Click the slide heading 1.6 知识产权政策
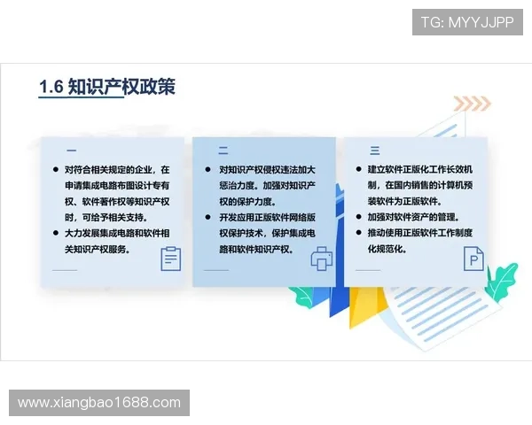tap(107, 86)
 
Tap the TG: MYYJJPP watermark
tap(467, 22)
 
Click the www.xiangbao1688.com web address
tap(98, 403)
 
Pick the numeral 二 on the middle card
tap(223, 150)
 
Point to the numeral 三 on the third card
tap(374, 150)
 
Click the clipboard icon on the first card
tap(170, 259)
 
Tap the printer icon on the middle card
tap(321, 259)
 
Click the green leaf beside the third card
tap(501, 282)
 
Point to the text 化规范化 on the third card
tap(387, 249)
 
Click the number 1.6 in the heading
tap(51, 86)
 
